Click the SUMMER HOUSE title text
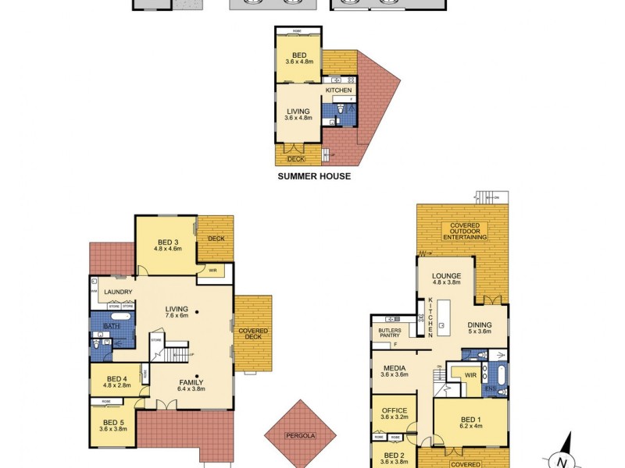pos(314,176)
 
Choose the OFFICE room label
pos(393,410)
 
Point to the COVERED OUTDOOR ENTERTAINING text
pos(465,231)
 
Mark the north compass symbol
pos(561,459)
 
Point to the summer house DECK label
pos(296,158)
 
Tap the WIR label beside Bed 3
pos(212,271)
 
